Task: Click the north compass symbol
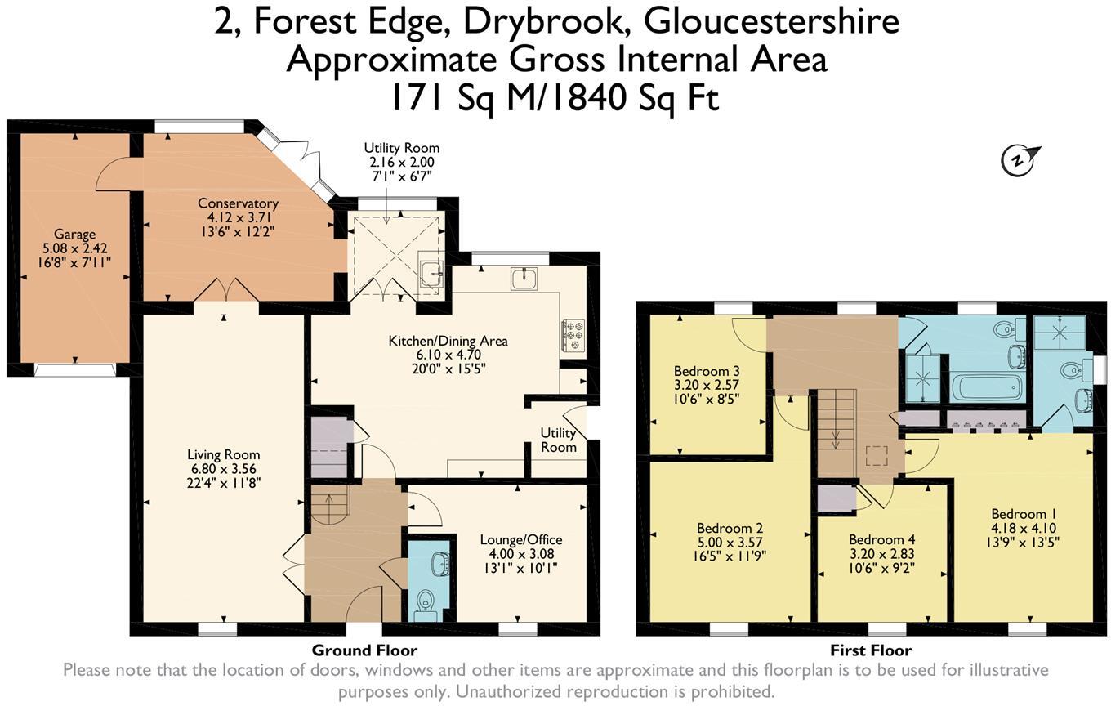point(1018,160)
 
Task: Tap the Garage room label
point(74,234)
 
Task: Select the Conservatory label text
point(238,203)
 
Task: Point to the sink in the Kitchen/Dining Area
point(523,279)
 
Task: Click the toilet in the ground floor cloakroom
point(424,605)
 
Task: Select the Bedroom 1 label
point(1024,514)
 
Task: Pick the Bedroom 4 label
point(881,539)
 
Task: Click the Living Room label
point(223,454)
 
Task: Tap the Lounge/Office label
point(520,539)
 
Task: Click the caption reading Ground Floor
point(364,650)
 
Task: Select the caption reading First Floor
point(871,650)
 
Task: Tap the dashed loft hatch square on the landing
point(877,455)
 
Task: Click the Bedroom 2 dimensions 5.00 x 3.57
point(730,543)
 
